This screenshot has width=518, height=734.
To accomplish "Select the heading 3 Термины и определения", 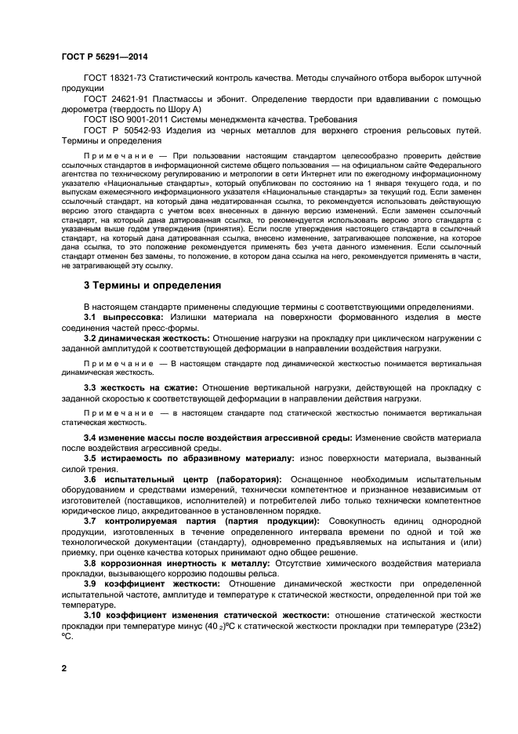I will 152,285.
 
